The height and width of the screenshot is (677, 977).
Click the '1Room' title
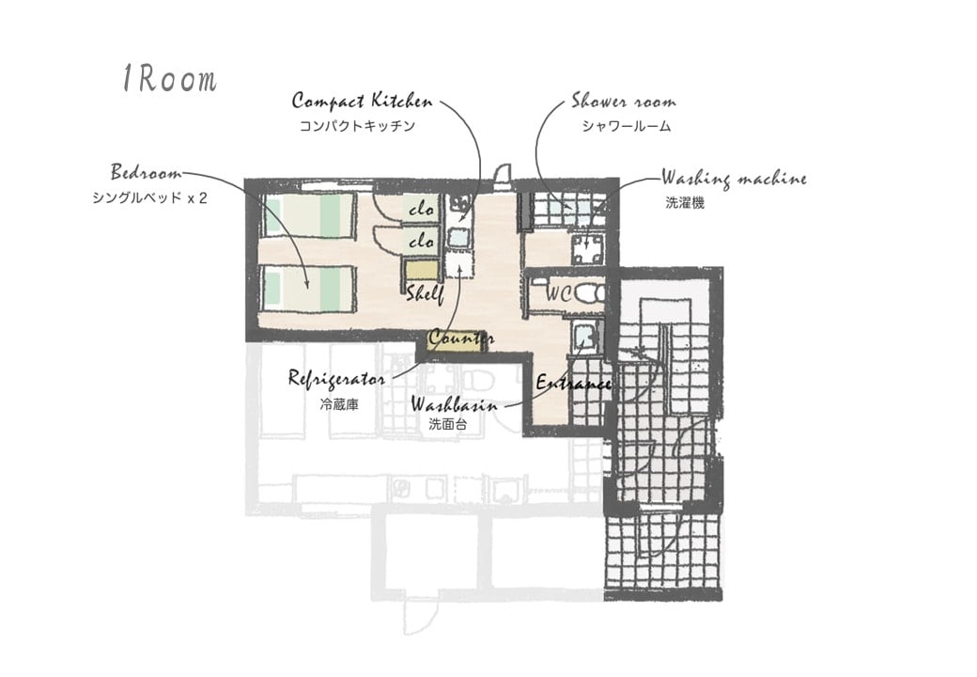click(169, 79)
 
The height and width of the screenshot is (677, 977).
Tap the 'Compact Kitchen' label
click(362, 102)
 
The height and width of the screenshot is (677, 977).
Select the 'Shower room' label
click(624, 101)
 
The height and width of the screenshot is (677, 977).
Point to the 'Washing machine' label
click(734, 179)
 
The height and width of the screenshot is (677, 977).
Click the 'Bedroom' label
click(147, 171)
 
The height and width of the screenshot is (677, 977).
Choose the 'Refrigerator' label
click(336, 379)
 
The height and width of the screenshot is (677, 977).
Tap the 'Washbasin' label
click(455, 405)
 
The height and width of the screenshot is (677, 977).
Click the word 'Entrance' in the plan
click(573, 383)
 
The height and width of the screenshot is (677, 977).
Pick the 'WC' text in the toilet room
click(559, 293)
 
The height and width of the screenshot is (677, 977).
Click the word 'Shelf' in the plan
click(425, 293)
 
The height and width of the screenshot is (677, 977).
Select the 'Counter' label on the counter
click(461, 338)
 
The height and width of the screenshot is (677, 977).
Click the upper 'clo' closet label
click(421, 210)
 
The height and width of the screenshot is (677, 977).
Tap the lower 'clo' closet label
click(421, 241)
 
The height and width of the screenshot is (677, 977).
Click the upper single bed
click(309, 215)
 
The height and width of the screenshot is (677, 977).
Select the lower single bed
click(309, 289)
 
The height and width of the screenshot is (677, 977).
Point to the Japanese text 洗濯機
click(685, 203)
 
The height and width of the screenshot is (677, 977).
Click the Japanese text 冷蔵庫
click(339, 404)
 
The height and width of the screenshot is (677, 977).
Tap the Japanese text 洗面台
click(447, 424)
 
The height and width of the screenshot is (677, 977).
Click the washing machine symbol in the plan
click(588, 249)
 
